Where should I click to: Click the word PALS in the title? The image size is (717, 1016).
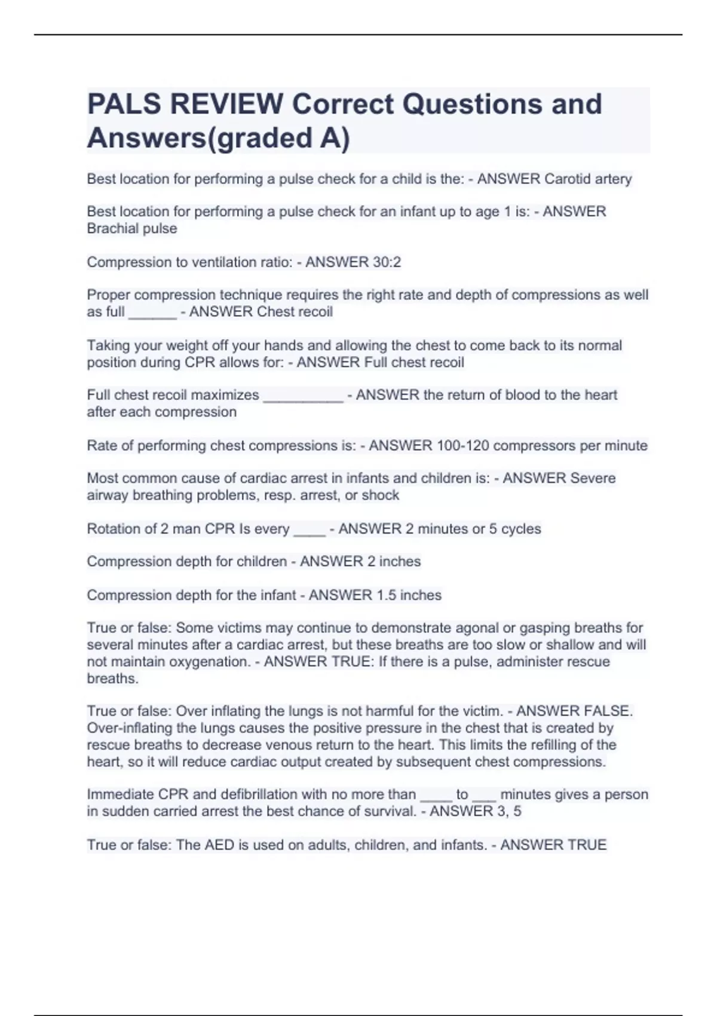(124, 104)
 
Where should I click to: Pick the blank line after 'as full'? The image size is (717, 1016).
(152, 313)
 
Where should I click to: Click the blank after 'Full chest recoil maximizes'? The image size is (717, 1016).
(303, 396)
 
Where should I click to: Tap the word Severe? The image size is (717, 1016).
(593, 478)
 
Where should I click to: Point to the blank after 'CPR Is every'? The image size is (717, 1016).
(310, 531)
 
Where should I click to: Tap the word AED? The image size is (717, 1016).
(219, 845)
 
